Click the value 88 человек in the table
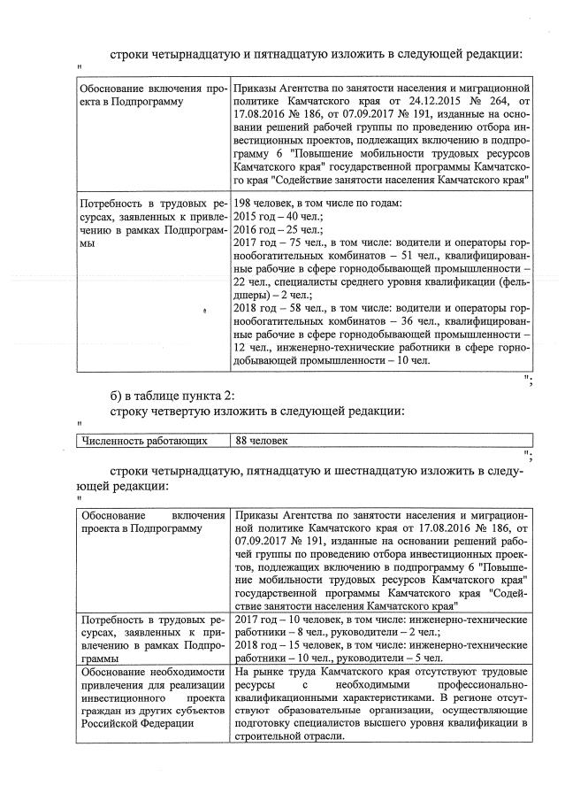263,440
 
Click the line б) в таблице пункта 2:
172,394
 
